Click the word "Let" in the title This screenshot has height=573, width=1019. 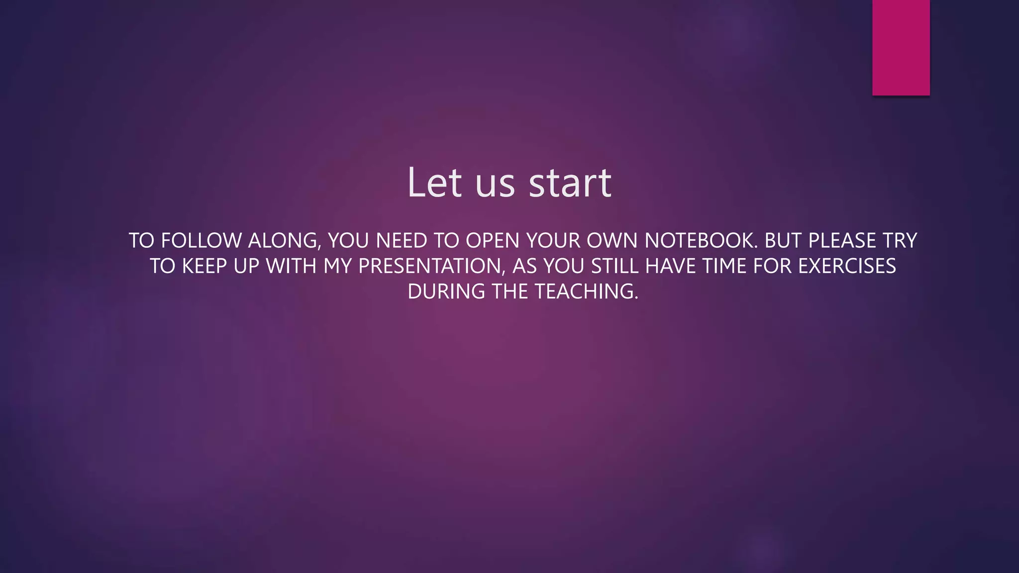434,183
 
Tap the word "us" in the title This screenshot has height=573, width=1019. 495,185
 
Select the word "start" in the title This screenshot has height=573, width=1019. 570,183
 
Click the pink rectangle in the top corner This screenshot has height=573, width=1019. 901,47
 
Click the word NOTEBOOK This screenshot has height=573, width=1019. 701,241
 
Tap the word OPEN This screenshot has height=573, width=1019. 493,241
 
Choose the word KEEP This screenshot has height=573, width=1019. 204,266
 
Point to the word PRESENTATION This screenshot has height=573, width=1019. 431,267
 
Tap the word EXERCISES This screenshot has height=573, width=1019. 847,266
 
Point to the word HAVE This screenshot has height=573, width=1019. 670,266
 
